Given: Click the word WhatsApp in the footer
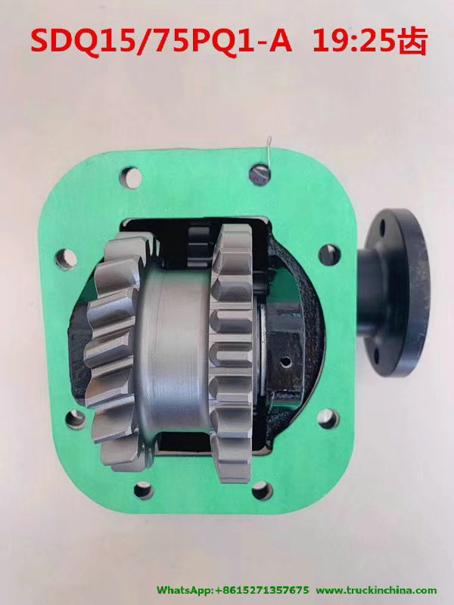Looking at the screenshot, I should pyautogui.click(x=186, y=590).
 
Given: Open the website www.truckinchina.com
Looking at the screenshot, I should pyautogui.click(x=376, y=590).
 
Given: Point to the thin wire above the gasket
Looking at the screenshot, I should pyautogui.click(x=269, y=147).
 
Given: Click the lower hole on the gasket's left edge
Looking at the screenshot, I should pyautogui.click(x=75, y=418).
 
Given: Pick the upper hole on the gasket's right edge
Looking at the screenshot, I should pyautogui.click(x=329, y=255).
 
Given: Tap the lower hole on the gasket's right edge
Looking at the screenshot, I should pyautogui.click(x=328, y=418).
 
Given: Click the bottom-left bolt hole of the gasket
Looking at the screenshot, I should pyautogui.click(x=143, y=490).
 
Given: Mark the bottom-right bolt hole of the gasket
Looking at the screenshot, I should pyautogui.click(x=261, y=490).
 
